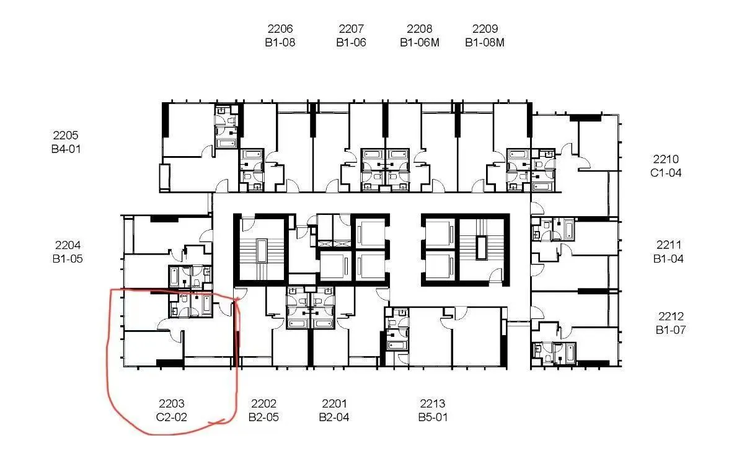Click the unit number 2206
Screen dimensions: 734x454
pyautogui.click(x=280, y=29)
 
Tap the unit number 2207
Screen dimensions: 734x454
pyautogui.click(x=351, y=29)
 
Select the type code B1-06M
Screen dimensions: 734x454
pyautogui.click(x=420, y=43)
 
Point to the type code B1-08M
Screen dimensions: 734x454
pyautogui.click(x=485, y=43)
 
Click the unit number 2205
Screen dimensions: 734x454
pyautogui.click(x=66, y=136)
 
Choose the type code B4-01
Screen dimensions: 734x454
pyautogui.click(x=66, y=149)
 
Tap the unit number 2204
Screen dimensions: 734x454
pyautogui.click(x=68, y=245)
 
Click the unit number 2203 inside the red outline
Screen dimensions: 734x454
pyautogui.click(x=171, y=403)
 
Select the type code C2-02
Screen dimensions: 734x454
pyautogui.click(x=171, y=417)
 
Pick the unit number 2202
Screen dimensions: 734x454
pyautogui.click(x=263, y=403)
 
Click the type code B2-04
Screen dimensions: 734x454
pyautogui.click(x=334, y=417)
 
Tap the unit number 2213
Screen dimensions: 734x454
pyautogui.click(x=433, y=403)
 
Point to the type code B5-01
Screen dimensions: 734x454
pyautogui.click(x=433, y=417)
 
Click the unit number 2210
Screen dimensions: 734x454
pyautogui.click(x=666, y=159)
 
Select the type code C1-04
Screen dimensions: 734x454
pyautogui.click(x=666, y=173)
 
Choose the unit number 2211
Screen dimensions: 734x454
pyautogui.click(x=669, y=245)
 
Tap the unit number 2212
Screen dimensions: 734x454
pyautogui.click(x=671, y=316)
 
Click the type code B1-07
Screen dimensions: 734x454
pyautogui.click(x=671, y=330)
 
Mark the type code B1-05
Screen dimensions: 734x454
pyautogui.click(x=68, y=258)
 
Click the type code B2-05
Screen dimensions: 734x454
pyautogui.click(x=263, y=417)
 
